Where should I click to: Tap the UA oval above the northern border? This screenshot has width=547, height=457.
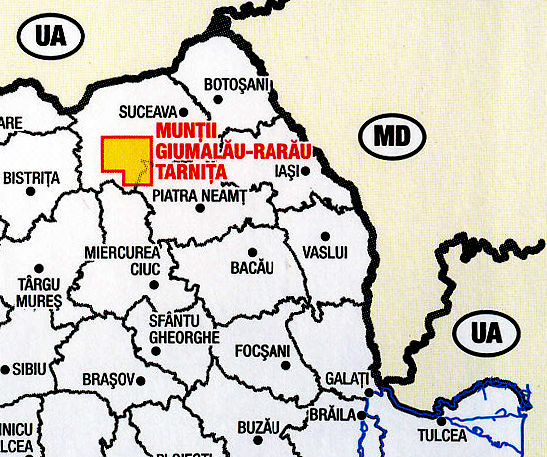(x=49, y=37)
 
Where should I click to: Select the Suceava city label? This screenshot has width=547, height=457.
(x=146, y=111)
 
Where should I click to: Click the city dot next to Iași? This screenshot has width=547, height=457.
(x=305, y=170)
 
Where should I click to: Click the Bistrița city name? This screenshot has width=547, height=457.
(x=32, y=178)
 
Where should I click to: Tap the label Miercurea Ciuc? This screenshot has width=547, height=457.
(x=124, y=260)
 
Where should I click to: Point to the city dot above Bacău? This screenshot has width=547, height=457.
(x=253, y=251)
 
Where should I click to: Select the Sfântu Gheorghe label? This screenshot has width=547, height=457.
(x=183, y=329)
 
